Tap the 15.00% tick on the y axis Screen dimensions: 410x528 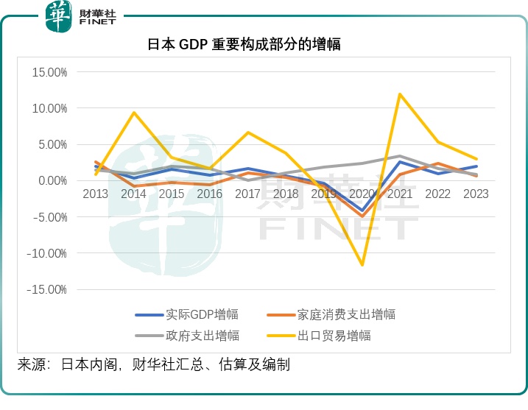pos(47,72)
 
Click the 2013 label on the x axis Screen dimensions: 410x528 pos(96,194)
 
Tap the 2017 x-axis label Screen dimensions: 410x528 pos(248,194)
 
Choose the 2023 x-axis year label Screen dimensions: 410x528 pos(476,194)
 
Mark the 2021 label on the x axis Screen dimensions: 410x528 pos(400,194)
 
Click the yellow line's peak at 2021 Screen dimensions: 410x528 pos(400,94)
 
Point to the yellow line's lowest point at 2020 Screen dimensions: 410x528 pos(362,264)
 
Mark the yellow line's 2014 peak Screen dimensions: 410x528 pos(134,113)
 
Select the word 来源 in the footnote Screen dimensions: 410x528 pos(32,364)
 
